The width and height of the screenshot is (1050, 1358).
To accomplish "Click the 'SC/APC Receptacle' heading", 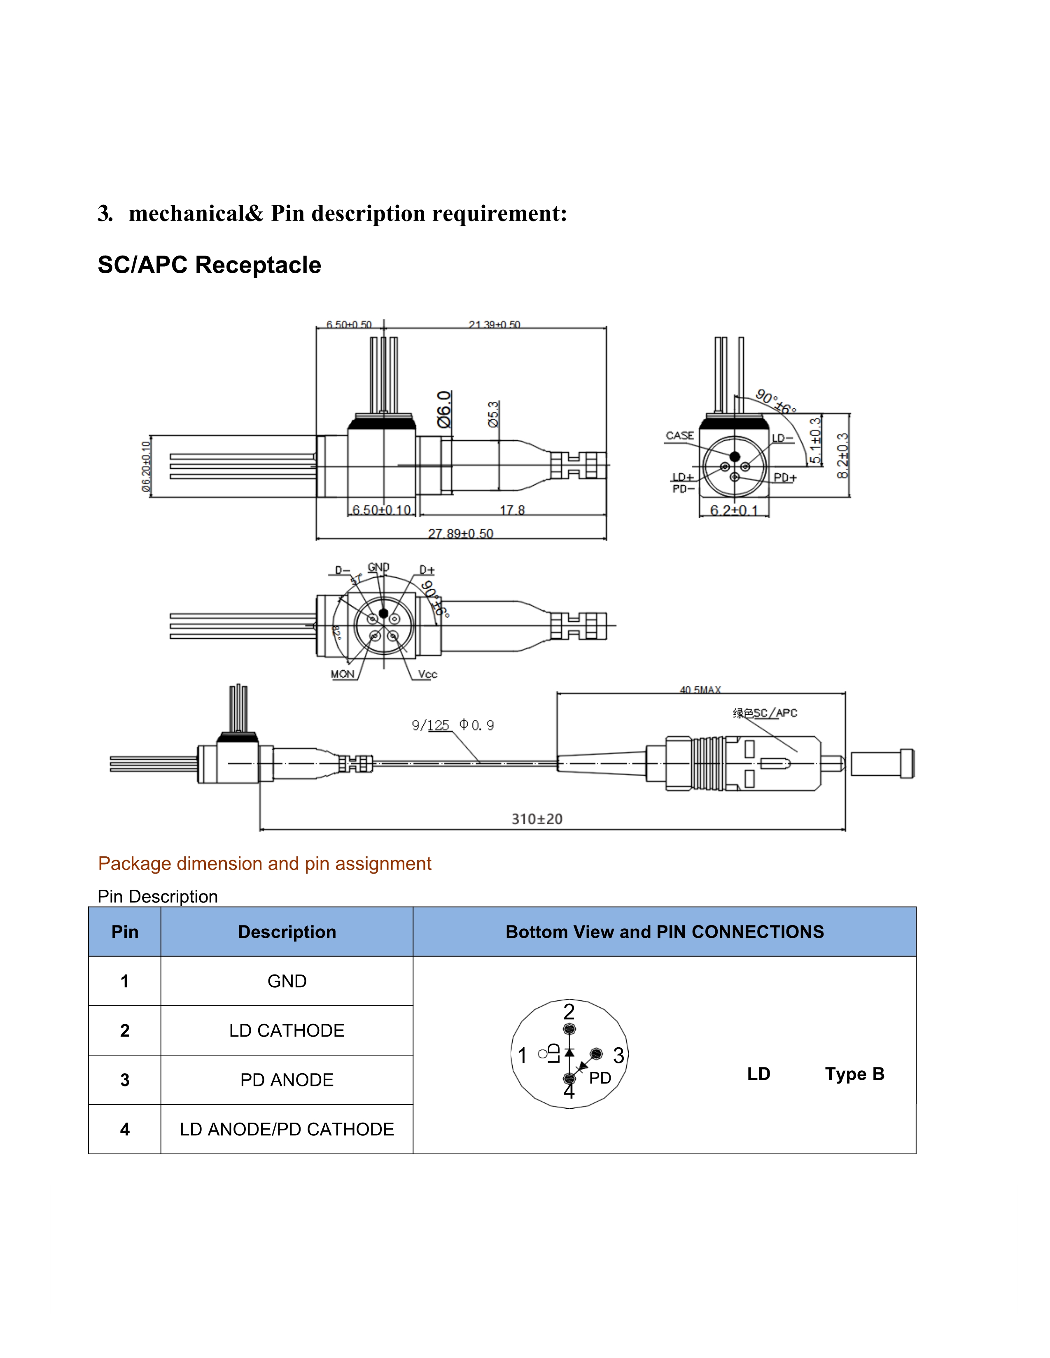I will pos(209,265).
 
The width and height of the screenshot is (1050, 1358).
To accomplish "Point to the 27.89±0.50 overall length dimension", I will pos(460,533).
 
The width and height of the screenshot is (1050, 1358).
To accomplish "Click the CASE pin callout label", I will pos(679,435).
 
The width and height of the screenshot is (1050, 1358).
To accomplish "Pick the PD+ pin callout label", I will pos(784,477).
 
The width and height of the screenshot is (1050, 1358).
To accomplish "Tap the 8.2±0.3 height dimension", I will pos(842,456).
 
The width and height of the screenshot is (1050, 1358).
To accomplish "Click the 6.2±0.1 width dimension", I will pos(734,511).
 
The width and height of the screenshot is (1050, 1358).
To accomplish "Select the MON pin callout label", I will pos(342,674).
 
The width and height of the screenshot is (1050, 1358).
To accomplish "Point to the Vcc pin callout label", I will pos(427,674).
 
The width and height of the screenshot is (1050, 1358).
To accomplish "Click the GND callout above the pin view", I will pos(378,567).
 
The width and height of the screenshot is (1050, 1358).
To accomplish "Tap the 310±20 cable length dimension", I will pos(537,819).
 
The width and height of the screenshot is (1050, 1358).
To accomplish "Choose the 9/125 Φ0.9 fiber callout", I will pos(452,725).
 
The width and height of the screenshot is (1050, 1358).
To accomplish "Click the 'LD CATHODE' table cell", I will pos(287,1030).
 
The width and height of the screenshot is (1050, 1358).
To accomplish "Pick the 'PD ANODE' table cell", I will pos(287,1080).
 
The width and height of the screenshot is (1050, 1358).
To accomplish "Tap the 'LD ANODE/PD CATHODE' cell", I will pos(287,1129).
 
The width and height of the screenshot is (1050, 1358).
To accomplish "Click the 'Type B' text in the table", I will pos(854,1074).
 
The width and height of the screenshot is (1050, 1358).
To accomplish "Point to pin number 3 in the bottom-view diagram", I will pos(618,1055).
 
